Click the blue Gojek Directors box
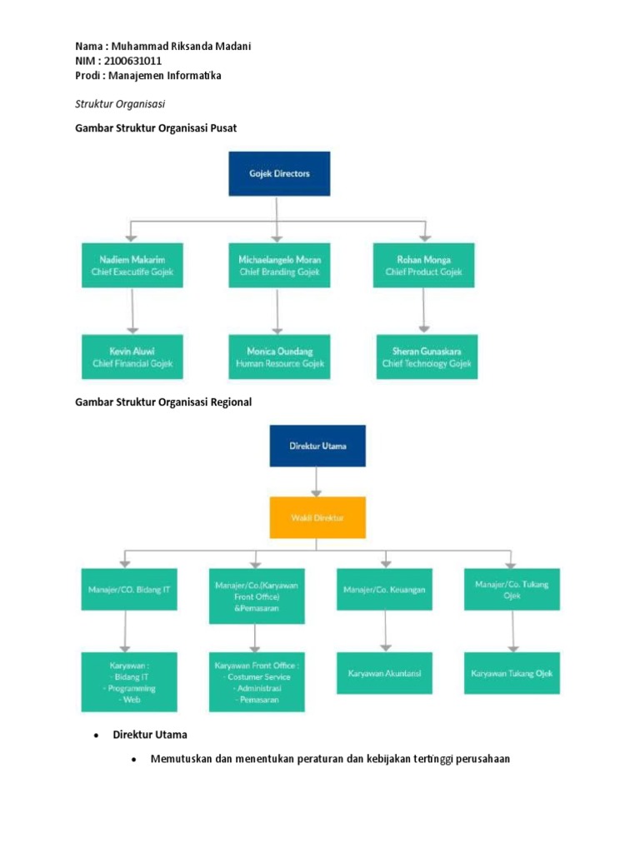(x=280, y=174)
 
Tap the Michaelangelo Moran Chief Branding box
(x=279, y=266)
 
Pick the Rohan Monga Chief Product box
(x=424, y=266)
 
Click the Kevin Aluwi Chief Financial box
(x=132, y=357)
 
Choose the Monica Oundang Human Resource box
(x=279, y=357)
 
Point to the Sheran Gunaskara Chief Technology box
(x=427, y=357)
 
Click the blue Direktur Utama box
(x=317, y=446)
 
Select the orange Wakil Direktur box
(x=317, y=517)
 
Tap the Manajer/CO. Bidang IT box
(x=128, y=589)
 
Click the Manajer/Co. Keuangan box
(x=384, y=589)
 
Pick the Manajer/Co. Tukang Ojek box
(x=512, y=589)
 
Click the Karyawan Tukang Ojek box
(x=512, y=673)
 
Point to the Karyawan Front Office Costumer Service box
(x=256, y=682)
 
